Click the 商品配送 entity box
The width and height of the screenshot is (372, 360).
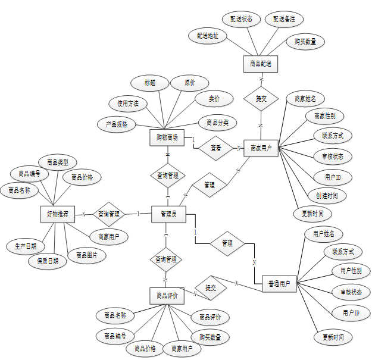tap(261, 62)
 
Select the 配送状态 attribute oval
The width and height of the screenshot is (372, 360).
tap(242, 19)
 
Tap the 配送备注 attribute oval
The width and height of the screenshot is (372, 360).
tap(284, 19)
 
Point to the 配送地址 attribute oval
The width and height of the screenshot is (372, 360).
tap(208, 36)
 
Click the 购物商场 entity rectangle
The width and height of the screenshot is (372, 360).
tap(167, 137)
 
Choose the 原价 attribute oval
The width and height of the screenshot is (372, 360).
tap(189, 83)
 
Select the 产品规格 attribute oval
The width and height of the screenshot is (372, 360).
tap(117, 124)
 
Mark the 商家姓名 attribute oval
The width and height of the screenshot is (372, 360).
tap(305, 98)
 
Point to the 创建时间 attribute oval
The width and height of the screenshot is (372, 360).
tap(327, 195)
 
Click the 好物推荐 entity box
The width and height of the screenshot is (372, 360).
tap(58, 214)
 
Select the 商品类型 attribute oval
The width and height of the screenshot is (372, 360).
tap(58, 162)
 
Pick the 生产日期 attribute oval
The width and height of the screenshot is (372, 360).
tap(26, 246)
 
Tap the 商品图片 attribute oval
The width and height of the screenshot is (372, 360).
tap(87, 256)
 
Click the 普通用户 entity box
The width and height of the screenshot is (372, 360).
tap(279, 284)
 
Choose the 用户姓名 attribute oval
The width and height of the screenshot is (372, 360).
tap(323, 234)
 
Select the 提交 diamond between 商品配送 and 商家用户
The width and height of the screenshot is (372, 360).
tap(261, 98)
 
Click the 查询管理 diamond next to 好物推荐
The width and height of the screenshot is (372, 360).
tap(108, 214)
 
